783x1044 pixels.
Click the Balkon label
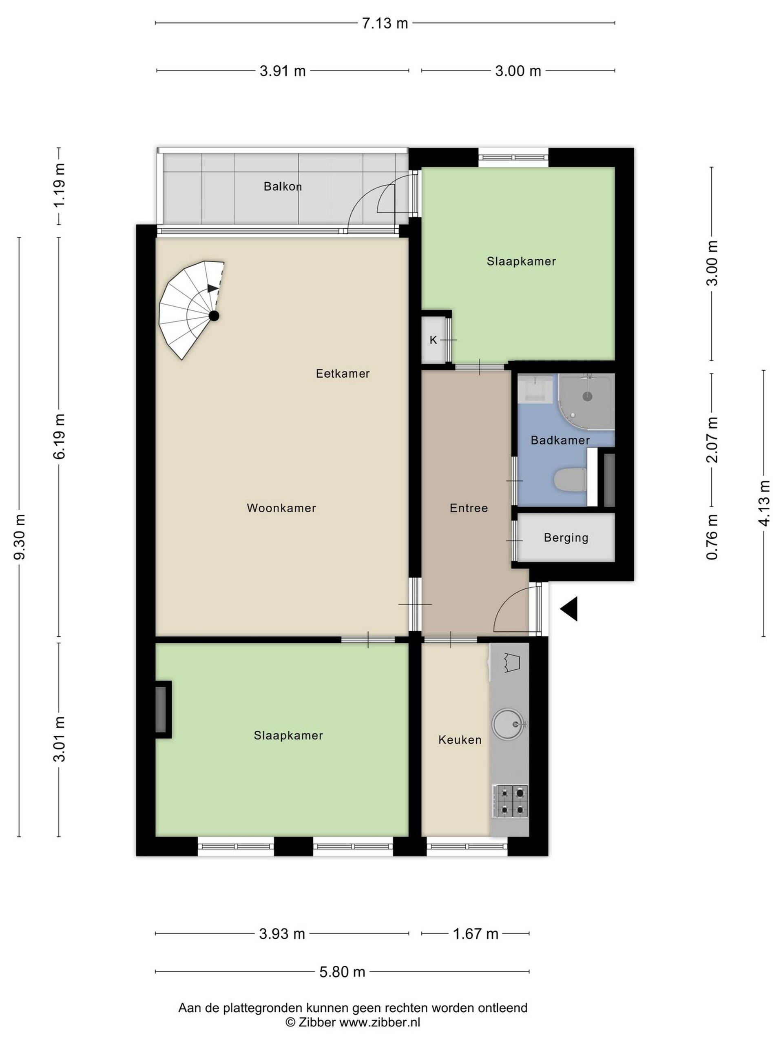pos(282,186)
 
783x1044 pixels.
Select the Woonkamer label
pos(281,508)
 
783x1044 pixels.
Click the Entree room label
pos(469,508)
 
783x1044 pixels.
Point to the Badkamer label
pos(560,440)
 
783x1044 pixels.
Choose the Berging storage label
pos(566,537)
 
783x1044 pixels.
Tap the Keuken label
pos(460,740)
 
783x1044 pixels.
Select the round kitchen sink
pos(508,723)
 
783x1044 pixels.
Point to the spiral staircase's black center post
pos(214,316)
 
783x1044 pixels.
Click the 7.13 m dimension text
pos(385,23)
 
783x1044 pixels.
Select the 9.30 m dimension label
pos(20,537)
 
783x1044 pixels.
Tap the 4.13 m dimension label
pos(765,503)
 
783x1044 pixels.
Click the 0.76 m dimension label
pos(712,537)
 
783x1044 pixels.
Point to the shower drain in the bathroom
pos(587,396)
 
